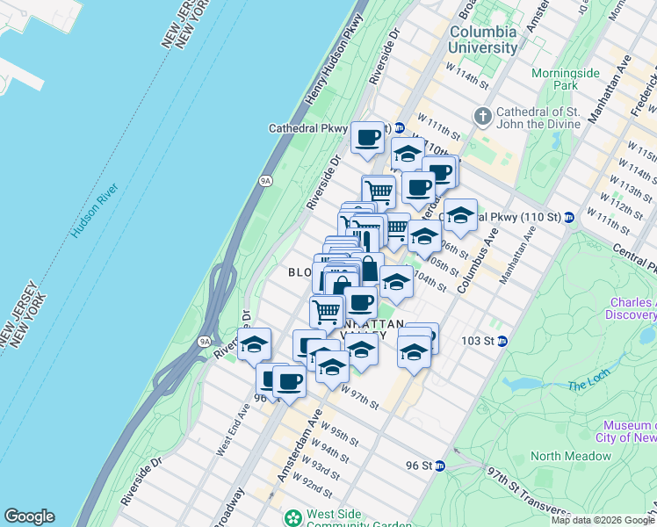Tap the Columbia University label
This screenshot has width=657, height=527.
point(484,40)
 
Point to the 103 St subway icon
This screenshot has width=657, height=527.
point(502,341)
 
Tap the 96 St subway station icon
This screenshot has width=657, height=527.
point(440,466)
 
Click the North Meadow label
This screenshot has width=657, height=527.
point(570,456)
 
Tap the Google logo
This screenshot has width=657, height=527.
point(29,516)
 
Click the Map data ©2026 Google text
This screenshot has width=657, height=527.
point(603,520)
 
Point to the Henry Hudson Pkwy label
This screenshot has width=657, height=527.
point(335,61)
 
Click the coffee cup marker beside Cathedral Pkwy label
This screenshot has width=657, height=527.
point(367,137)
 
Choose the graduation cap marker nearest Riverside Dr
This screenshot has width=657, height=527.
point(254,343)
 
